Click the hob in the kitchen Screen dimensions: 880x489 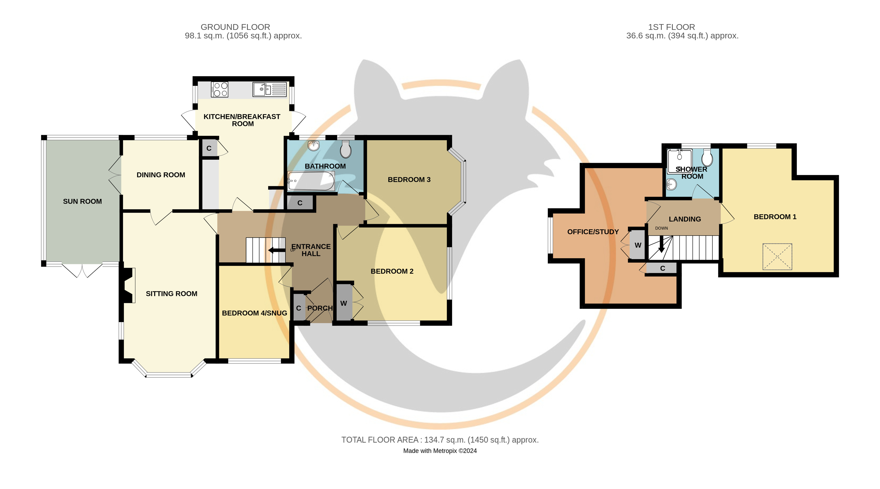[x=219, y=90]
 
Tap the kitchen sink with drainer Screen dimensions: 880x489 [x=269, y=90]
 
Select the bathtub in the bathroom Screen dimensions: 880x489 [x=311, y=181]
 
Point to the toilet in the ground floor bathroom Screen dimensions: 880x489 [x=346, y=149]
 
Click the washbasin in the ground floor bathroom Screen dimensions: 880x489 [x=314, y=145]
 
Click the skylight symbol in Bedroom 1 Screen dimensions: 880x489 [x=777, y=257]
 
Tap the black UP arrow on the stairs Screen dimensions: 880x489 [x=277, y=250]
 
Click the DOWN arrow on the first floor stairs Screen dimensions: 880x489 [x=661, y=244]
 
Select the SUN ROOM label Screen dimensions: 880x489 [x=82, y=201]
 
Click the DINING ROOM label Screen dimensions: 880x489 [x=161, y=175]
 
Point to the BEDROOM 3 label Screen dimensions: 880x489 [x=409, y=179]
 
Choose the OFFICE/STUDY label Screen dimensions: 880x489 [x=593, y=232]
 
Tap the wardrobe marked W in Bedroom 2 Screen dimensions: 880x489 [x=344, y=302]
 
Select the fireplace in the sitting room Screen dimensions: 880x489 [x=128, y=285]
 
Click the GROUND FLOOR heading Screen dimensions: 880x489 [x=235, y=27]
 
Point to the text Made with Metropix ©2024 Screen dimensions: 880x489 [x=440, y=451]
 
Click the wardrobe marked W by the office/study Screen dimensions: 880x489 [x=637, y=245]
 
